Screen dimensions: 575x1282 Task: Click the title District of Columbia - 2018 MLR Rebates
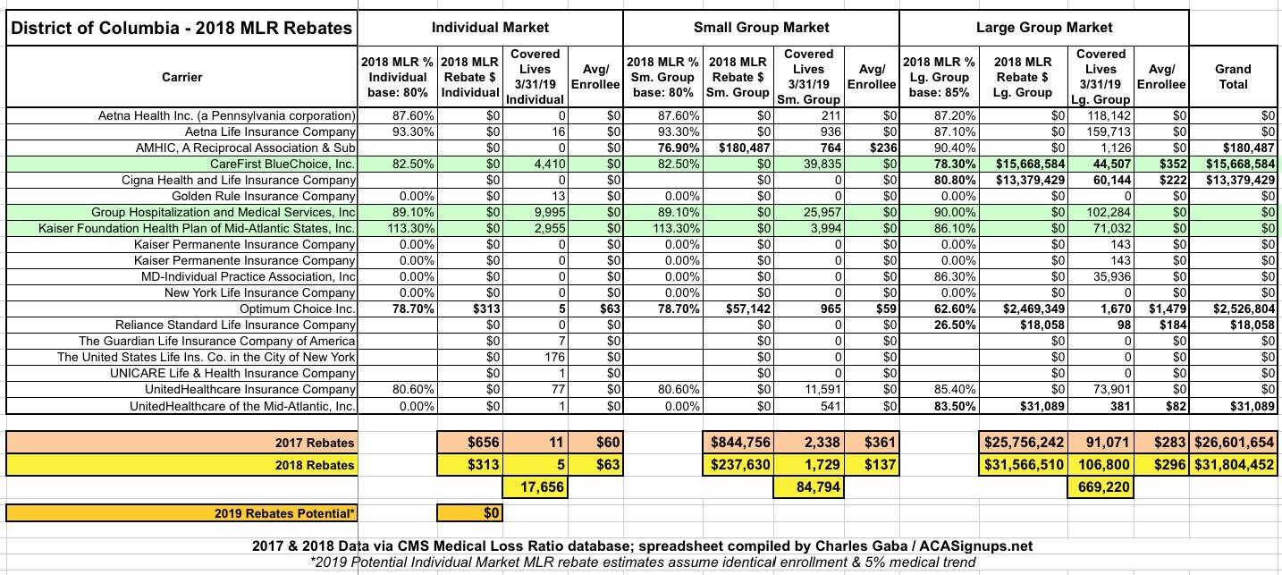coord(181,28)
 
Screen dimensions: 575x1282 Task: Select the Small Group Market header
coord(761,28)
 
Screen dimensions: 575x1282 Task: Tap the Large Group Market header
coord(1043,28)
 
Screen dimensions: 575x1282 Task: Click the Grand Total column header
coord(1234,77)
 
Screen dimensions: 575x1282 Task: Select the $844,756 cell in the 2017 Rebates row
coord(739,443)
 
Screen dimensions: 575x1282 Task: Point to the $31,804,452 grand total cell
coord(1234,465)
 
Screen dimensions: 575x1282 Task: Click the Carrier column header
coord(181,77)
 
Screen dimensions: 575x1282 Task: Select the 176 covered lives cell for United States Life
coord(549,357)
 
